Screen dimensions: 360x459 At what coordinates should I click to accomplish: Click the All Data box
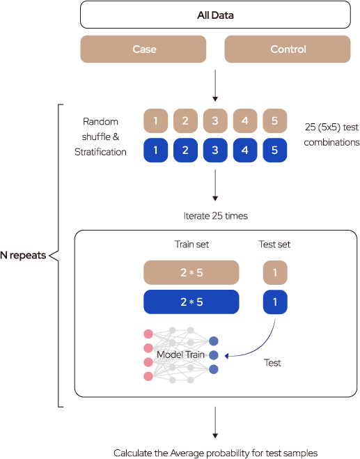[x=215, y=15]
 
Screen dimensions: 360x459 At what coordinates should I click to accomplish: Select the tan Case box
[x=143, y=49]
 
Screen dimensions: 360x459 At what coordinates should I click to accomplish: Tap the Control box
[x=288, y=49]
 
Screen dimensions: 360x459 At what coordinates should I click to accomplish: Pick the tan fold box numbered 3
[x=215, y=120]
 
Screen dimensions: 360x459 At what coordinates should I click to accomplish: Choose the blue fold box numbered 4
[x=245, y=150]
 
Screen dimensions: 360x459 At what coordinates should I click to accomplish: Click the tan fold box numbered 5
[x=275, y=120]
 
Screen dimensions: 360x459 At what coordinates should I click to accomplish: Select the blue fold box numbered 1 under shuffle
[x=156, y=150]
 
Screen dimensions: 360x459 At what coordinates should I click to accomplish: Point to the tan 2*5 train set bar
[x=191, y=272]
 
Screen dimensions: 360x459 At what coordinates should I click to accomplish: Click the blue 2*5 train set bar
[x=191, y=302]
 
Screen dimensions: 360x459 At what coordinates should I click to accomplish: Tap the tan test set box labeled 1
[x=275, y=272]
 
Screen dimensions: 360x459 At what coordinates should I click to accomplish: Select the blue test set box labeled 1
[x=275, y=302]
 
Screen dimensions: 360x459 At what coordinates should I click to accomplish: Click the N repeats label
[x=23, y=255]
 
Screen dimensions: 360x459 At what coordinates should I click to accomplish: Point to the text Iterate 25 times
[x=215, y=216]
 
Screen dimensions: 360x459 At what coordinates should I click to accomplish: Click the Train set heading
[x=191, y=244]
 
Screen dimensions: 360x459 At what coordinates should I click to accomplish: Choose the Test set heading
[x=274, y=244]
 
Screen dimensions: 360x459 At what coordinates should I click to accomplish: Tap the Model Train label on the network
[x=180, y=355]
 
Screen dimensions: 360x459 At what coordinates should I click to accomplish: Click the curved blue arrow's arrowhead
[x=226, y=356]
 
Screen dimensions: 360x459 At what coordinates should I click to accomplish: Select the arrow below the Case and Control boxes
[x=215, y=86]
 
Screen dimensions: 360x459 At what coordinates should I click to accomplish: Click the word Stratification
[x=100, y=152]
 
